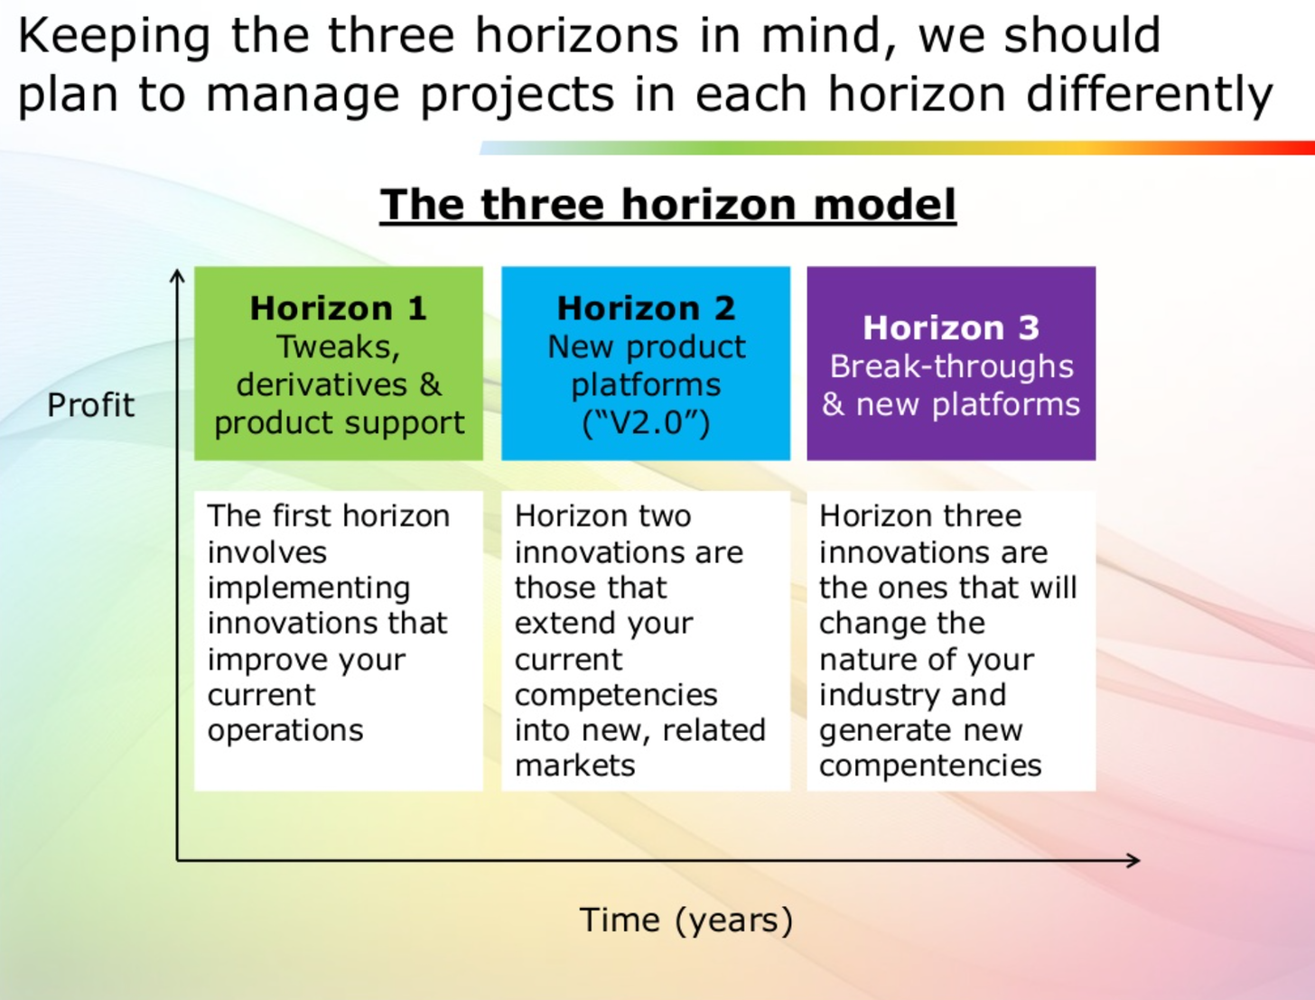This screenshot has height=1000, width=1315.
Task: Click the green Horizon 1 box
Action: (x=339, y=364)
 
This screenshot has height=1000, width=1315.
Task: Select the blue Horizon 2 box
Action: (x=646, y=364)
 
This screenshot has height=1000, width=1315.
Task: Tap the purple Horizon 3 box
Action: (x=951, y=364)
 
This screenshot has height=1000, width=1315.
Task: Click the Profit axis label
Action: (x=90, y=405)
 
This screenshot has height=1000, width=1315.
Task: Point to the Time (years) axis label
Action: (x=686, y=920)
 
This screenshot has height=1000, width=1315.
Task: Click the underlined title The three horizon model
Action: (x=667, y=204)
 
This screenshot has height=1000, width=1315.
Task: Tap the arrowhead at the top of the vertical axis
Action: (x=177, y=274)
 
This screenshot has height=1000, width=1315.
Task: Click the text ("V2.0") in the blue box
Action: (x=646, y=422)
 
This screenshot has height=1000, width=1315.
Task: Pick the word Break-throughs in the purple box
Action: (x=951, y=366)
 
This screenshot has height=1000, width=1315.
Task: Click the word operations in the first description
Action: (x=285, y=730)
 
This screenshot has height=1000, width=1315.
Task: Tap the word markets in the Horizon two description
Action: (x=575, y=765)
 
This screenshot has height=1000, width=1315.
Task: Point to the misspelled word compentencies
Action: (x=930, y=765)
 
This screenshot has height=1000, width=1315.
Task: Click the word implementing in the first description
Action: (x=309, y=588)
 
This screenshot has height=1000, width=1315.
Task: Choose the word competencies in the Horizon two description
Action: (x=616, y=695)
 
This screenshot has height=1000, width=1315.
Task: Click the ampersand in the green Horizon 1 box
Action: (x=431, y=384)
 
